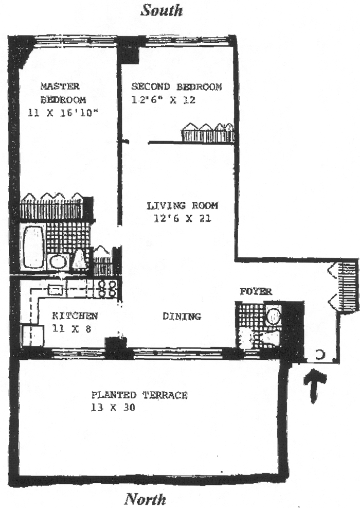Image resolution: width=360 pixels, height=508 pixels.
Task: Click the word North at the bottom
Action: click(146, 498)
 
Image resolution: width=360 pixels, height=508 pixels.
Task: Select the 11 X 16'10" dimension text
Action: click(63, 113)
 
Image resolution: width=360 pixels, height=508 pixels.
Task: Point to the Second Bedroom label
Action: click(176, 86)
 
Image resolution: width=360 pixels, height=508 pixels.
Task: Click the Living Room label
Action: click(183, 206)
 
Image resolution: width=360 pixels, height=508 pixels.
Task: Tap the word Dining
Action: click(181, 316)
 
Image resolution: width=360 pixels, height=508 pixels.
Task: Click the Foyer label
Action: click(256, 292)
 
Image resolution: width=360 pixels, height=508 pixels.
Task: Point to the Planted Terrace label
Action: click(139, 395)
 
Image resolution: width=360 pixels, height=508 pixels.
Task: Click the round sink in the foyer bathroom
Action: click(274, 315)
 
